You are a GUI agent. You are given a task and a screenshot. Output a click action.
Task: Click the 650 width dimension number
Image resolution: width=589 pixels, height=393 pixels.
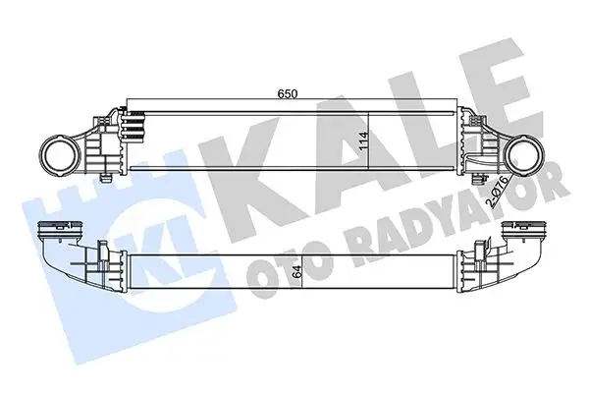(x=287, y=93)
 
